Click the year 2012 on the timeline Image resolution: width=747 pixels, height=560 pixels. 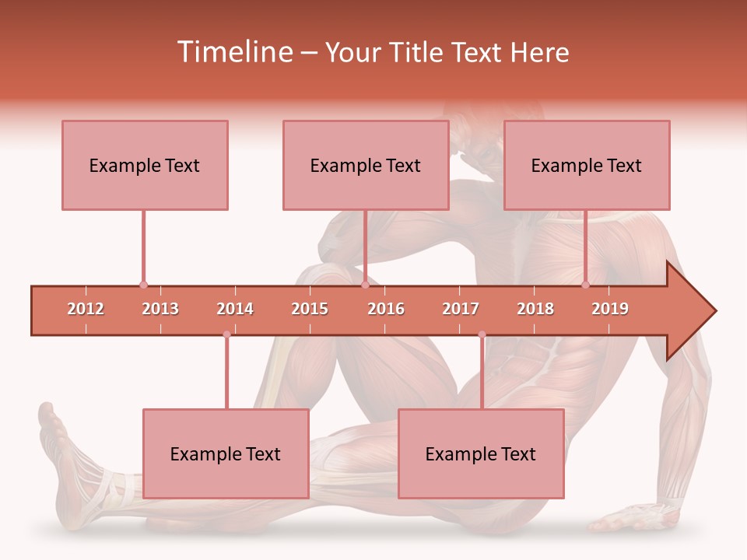point(86,309)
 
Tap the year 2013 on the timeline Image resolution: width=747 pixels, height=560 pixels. point(160,309)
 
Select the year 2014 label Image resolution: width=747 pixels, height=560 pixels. point(235,309)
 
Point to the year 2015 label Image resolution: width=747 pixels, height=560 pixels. point(310,309)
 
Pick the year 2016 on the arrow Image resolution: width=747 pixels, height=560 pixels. point(386,309)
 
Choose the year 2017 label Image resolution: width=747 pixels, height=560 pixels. point(461,309)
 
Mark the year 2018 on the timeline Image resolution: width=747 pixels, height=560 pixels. point(535,309)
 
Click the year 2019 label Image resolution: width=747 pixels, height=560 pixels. point(610,309)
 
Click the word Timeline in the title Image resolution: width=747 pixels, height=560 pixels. point(233,52)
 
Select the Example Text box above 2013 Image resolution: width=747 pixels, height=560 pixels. point(145,165)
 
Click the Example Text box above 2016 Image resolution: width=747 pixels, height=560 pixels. point(366,165)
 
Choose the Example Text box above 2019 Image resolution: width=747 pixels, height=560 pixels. point(587,165)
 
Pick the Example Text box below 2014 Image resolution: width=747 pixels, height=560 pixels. point(226,453)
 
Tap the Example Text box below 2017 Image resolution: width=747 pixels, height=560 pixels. point(481,453)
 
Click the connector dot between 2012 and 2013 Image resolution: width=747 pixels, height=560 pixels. point(143,285)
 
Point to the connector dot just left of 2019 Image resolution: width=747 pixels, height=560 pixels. point(585,285)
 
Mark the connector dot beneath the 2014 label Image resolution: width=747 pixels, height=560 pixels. point(226,334)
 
